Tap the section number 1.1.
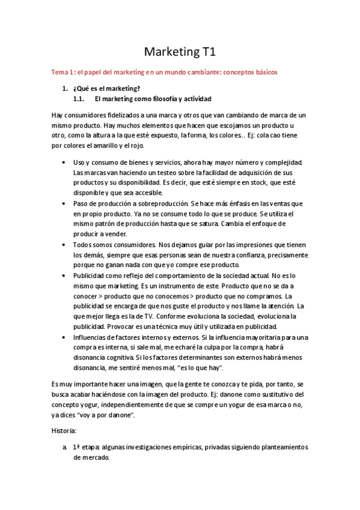pyautogui.click(x=78, y=99)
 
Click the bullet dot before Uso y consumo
pyautogui.click(x=64, y=163)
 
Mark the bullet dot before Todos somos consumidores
pyautogui.click(x=64, y=245)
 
